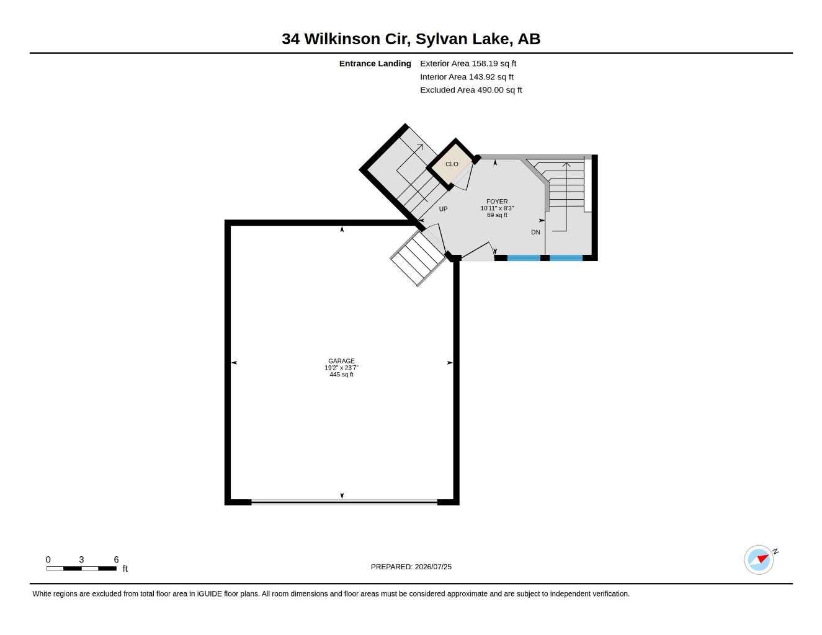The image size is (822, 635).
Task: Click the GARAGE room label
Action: pos(341,361)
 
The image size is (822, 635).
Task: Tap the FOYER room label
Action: pos(497,202)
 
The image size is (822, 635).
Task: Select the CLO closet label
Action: pos(452,164)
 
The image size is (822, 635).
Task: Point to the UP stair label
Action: pos(443,208)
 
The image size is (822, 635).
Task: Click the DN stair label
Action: pos(535,232)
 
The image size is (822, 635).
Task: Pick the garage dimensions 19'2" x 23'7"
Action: pos(341,368)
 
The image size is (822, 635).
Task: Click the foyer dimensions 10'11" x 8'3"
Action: pos(497,208)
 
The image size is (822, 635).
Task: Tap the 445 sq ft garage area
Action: pos(341,375)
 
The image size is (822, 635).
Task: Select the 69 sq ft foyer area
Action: pos(497,215)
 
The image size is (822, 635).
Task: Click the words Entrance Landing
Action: pos(375,63)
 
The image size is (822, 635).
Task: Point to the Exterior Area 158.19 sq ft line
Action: pos(468,63)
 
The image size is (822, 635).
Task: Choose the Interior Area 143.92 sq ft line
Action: pos(467,77)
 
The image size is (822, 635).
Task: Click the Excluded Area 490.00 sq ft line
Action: pos(471,90)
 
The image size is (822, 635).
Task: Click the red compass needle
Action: pos(762,559)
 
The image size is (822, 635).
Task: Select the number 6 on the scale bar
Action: pos(116,559)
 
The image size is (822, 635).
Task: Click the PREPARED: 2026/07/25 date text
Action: pos(411,567)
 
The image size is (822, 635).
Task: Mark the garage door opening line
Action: pos(344,502)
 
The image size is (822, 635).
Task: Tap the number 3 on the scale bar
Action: pos(81,559)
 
